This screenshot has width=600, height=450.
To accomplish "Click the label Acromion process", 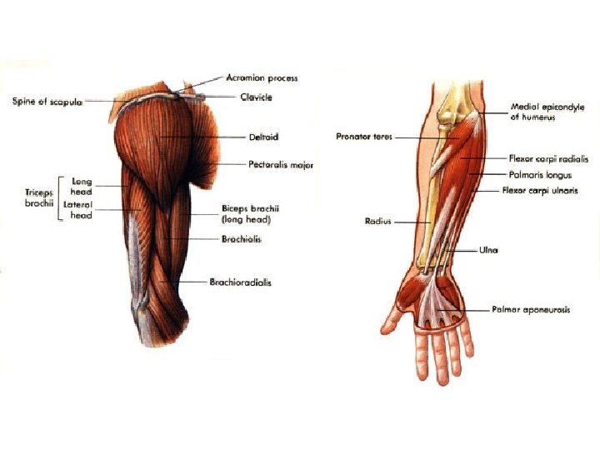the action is [x=262, y=78].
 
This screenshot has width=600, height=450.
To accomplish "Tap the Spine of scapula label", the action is [x=47, y=102].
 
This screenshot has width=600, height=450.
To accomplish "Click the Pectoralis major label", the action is [x=281, y=165].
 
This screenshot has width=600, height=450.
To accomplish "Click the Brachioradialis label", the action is [x=241, y=282].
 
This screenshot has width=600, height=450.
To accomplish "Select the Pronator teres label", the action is [x=364, y=137].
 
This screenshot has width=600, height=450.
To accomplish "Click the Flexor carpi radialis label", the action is [x=548, y=157].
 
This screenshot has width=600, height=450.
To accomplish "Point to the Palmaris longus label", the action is [x=540, y=175].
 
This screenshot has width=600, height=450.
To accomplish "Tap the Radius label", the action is [x=378, y=222].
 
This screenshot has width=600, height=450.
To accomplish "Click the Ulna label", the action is [x=488, y=250].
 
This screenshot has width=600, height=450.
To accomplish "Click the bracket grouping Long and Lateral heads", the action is [x=59, y=197].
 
